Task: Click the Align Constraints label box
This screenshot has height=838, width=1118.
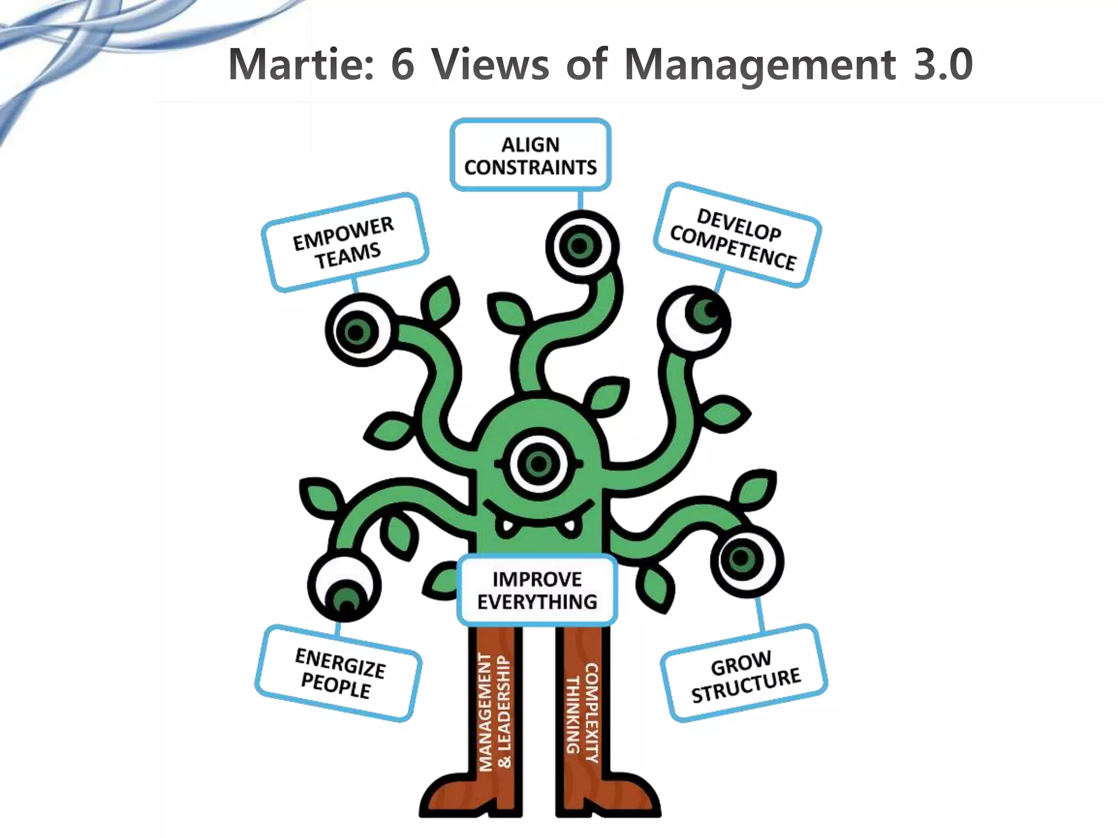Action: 530,155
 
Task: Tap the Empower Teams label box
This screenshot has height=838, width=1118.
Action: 344,242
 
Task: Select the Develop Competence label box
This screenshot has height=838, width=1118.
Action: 736,235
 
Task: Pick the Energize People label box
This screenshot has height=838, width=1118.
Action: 338,673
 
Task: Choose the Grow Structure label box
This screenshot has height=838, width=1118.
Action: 744,674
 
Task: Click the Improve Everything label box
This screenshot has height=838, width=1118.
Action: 537,590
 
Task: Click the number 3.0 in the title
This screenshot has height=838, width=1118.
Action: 943,65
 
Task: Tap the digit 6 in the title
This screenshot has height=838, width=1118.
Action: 403,65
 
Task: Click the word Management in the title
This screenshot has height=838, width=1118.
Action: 759,65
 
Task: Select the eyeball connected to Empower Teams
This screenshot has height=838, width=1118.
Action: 358,330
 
